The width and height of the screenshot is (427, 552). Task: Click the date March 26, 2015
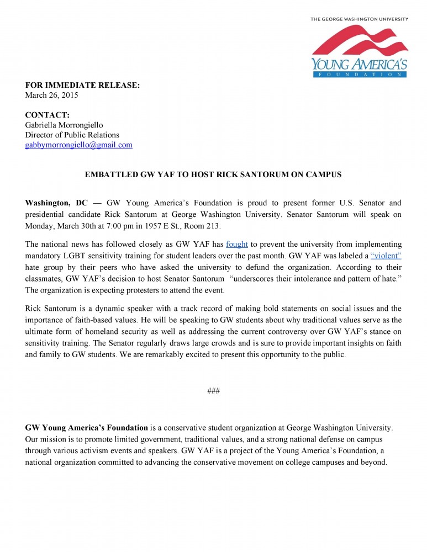(x=52, y=95)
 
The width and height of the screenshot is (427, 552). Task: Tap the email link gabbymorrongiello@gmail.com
(x=79, y=145)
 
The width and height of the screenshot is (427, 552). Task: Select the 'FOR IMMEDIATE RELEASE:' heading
(x=83, y=86)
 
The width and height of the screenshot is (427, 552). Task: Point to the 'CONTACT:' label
(x=48, y=115)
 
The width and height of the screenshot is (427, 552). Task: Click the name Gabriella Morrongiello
(x=64, y=125)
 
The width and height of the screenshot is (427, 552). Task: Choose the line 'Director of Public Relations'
(x=72, y=135)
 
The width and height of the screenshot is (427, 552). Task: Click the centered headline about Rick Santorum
(x=213, y=174)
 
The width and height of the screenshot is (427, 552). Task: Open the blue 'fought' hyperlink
(x=237, y=244)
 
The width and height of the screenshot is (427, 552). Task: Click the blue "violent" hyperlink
(x=386, y=256)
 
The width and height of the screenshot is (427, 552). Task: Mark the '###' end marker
(x=213, y=391)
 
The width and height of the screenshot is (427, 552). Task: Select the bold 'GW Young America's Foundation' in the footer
(x=87, y=428)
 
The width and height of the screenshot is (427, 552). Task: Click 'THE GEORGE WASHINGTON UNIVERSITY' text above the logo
(x=359, y=19)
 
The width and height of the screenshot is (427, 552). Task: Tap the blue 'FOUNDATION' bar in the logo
(x=359, y=73)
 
